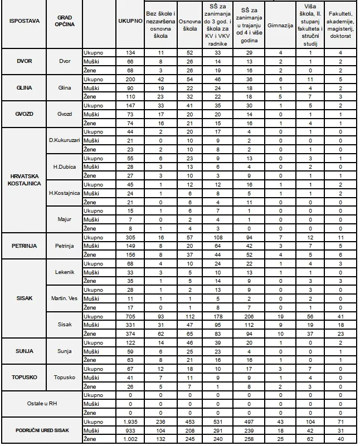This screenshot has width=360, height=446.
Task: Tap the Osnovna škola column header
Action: [x=190, y=26]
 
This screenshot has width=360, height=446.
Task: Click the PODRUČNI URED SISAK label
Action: [x=41, y=431]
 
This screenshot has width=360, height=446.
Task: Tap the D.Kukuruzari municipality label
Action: [x=65, y=141]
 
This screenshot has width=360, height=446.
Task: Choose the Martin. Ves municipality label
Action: [x=65, y=298]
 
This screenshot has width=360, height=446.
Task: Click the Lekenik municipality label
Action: [x=65, y=272]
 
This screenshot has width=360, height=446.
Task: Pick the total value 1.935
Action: [x=129, y=422]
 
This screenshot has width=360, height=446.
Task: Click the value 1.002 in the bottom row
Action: [x=129, y=439]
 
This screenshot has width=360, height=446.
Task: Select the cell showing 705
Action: [x=129, y=315]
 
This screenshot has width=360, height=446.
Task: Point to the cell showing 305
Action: [x=129, y=237]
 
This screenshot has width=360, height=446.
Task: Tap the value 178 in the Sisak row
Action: [x=219, y=315]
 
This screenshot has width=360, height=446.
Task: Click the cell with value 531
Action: [x=219, y=422]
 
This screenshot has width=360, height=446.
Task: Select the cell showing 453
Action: [x=190, y=422]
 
